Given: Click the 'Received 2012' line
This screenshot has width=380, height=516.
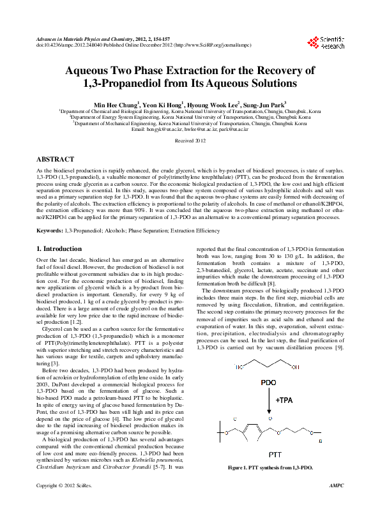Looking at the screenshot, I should point(190,139).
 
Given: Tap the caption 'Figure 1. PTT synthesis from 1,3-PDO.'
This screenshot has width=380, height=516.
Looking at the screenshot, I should point(270,467).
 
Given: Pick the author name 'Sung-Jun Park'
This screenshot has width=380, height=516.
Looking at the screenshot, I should point(264,103).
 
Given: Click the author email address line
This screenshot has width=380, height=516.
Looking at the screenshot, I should point(190,129).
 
